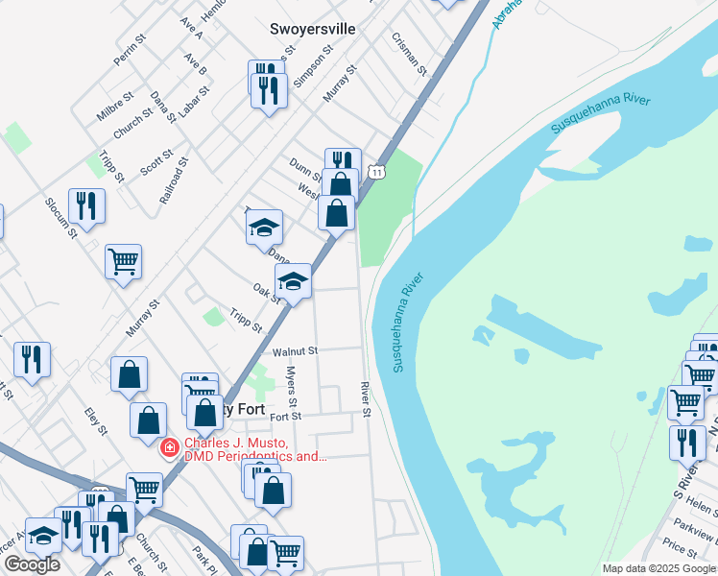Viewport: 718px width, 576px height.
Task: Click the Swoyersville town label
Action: click(x=312, y=29)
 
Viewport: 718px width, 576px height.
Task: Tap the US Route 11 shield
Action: click(x=379, y=172)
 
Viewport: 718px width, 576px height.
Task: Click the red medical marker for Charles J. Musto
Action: click(x=170, y=447)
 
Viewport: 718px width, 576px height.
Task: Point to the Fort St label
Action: click(x=286, y=417)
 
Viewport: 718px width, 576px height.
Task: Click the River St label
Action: click(x=366, y=398)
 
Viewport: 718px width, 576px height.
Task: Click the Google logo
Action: click(x=31, y=564)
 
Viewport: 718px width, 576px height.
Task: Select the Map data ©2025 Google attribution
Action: click(x=658, y=568)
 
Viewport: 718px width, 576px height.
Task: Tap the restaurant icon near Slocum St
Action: click(x=86, y=206)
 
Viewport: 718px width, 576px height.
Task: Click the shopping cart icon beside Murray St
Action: click(x=124, y=261)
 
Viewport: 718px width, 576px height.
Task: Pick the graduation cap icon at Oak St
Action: click(x=293, y=281)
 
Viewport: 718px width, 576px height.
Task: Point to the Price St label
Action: click(x=680, y=548)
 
